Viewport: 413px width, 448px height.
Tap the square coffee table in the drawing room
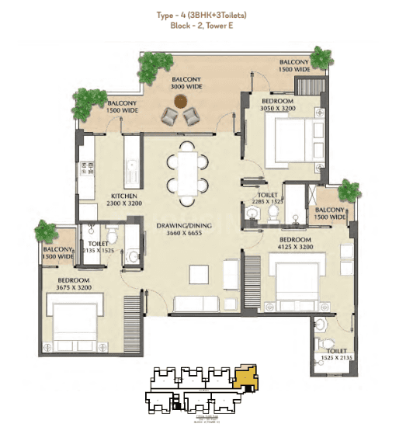(x=200, y=273)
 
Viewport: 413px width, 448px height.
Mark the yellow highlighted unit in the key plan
(x=245, y=380)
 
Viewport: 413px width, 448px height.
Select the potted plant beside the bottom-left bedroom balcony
(x=44, y=231)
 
